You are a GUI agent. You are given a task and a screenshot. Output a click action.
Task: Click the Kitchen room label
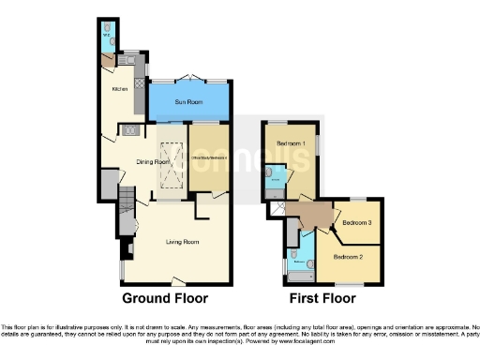pos(119,90)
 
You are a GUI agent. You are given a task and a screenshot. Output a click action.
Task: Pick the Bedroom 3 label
pos(357,222)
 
